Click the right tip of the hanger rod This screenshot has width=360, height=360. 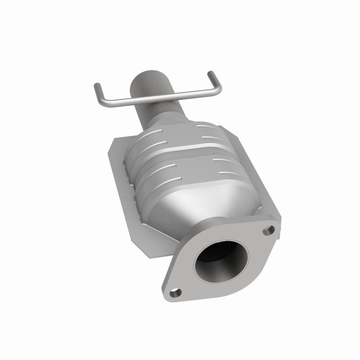tap(211, 73)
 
